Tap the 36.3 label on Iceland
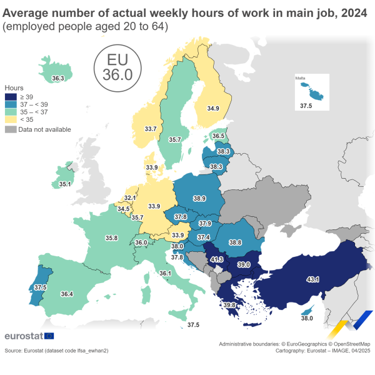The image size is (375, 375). click(x=58, y=79)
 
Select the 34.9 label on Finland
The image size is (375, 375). click(x=213, y=109)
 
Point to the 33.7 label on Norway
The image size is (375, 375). click(x=151, y=129)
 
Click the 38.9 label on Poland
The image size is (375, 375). click(x=199, y=198)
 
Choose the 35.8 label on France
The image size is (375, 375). click(x=112, y=238)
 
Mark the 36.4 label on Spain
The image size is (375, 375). click(x=67, y=294)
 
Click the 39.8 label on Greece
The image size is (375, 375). click(x=229, y=305)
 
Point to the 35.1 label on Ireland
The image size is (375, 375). click(x=64, y=185)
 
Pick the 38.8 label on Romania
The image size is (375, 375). click(x=235, y=242)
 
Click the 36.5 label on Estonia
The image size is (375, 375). click(x=218, y=136)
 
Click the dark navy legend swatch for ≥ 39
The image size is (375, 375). click(x=11, y=97)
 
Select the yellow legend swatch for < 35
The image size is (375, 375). click(x=11, y=119)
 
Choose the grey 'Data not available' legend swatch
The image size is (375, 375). click(x=11, y=129)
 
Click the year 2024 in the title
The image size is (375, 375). click(x=344, y=11)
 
